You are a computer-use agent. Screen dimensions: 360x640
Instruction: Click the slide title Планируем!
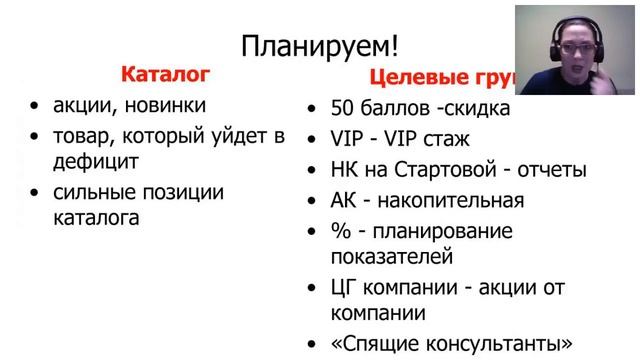[x=320, y=45]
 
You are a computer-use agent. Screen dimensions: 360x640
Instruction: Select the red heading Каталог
[x=165, y=74]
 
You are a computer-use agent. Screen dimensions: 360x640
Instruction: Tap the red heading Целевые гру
[x=441, y=77]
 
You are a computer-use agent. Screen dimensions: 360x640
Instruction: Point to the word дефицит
[x=96, y=160]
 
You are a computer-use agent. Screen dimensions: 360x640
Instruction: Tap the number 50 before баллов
[x=344, y=108]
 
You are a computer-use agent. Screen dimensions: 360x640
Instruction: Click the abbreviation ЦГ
[x=346, y=288]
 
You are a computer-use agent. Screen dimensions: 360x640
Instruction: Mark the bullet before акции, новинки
[x=36, y=106]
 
